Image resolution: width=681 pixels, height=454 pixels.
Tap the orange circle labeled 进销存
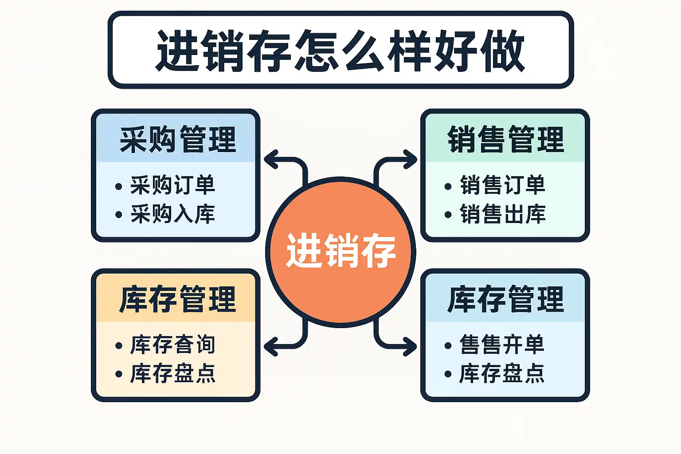pyautogui.click(x=340, y=251)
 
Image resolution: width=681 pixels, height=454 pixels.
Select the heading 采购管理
pyautogui.click(x=177, y=140)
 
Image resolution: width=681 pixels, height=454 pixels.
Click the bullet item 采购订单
pyautogui.click(x=172, y=185)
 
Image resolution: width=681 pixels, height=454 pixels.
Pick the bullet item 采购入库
pyautogui.click(x=172, y=214)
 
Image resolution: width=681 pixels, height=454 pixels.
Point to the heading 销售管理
pyautogui.click(x=505, y=140)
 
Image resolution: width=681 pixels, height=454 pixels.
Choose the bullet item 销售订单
pyautogui.click(x=502, y=185)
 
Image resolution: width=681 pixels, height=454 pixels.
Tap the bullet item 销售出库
pyautogui.click(x=502, y=214)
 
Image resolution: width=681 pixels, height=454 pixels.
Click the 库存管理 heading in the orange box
pyautogui.click(x=177, y=299)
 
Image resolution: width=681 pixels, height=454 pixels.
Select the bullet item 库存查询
pyautogui.click(x=172, y=345)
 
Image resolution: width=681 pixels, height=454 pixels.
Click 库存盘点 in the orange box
pyautogui.click(x=172, y=374)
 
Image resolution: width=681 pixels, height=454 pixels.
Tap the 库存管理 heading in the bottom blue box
pyautogui.click(x=505, y=299)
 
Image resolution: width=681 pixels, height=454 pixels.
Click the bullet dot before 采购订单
pyautogui.click(x=118, y=187)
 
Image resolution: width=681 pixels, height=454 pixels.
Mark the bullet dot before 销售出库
pyautogui.click(x=448, y=215)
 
